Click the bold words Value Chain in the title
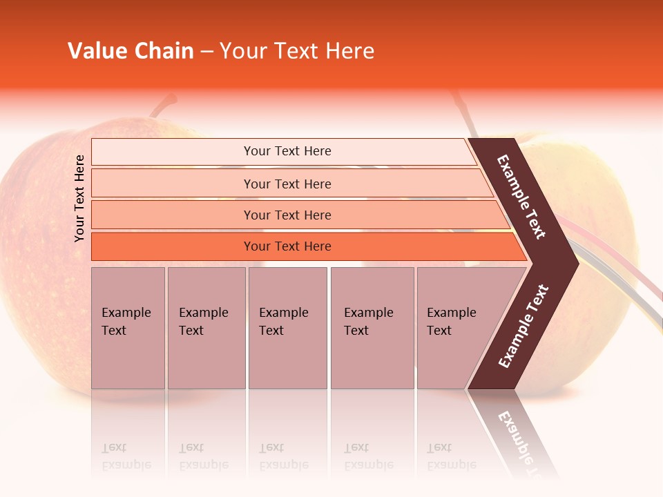coord(131,51)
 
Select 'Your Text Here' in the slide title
coord(297,51)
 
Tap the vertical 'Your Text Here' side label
coord(79,198)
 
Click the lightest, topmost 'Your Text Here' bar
coord(287,151)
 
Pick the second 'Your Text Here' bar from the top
coord(287,184)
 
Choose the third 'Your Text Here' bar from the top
coord(287,215)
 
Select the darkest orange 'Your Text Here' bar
coord(287,246)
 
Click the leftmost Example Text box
coord(128,327)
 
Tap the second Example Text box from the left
coord(206,327)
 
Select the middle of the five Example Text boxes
coord(287,327)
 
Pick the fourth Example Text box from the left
coord(372,327)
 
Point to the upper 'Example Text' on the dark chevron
coord(521,197)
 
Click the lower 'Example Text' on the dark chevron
coord(523,327)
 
